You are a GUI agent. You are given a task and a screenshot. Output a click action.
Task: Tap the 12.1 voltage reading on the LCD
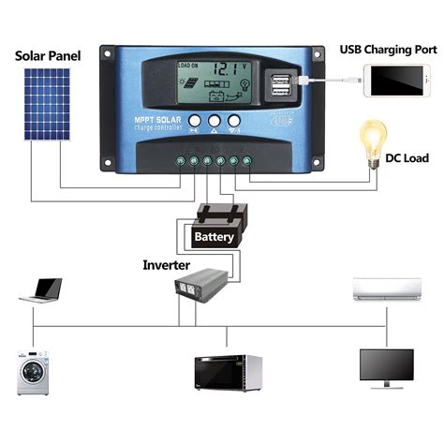(x=223, y=69)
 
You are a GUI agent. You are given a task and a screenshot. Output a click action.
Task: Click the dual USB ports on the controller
(x=279, y=84)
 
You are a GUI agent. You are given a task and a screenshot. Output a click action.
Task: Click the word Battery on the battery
(x=214, y=238)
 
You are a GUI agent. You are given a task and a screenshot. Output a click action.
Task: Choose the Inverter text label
(x=166, y=266)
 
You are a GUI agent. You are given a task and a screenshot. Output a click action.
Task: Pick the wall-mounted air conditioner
(x=384, y=288)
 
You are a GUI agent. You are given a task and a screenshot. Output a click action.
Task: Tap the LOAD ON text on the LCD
(x=188, y=66)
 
